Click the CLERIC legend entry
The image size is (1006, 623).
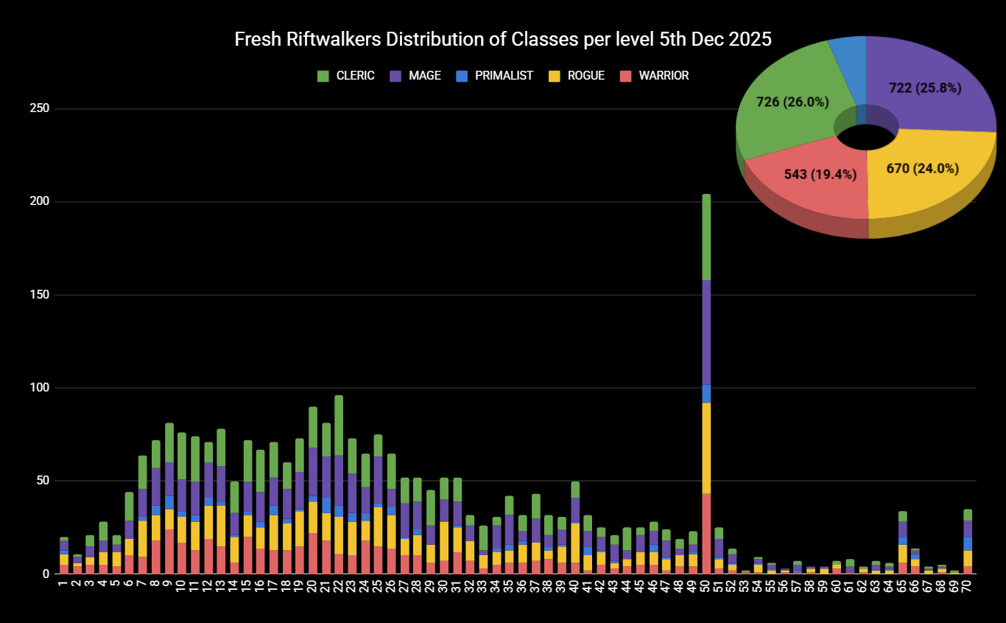[345, 75]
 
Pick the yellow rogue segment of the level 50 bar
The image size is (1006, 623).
[706, 447]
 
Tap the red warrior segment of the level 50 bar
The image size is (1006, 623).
[706, 532]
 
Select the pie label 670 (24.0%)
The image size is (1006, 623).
[922, 168]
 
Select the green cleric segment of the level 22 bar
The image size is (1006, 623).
[339, 425]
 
